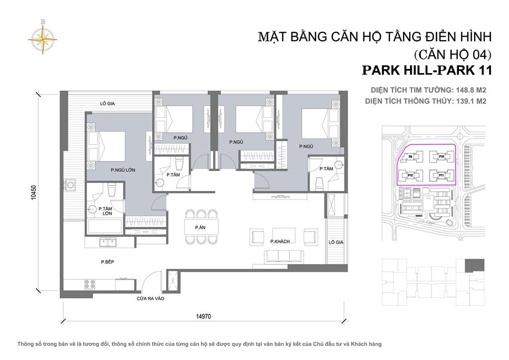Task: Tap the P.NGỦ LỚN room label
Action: click(123, 170)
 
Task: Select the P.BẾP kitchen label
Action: click(107, 261)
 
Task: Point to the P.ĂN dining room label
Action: click(200, 227)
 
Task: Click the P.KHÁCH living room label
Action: click(280, 241)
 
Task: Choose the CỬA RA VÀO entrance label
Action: click(151, 299)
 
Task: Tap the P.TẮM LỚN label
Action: click(104, 211)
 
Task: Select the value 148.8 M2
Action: click(470, 90)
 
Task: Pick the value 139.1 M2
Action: click(470, 101)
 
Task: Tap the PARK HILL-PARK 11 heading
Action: click(427, 70)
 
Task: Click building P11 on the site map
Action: click(439, 175)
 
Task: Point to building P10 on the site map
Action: click(440, 157)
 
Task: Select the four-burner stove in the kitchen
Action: click(89, 285)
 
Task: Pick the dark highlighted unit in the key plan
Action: click(477, 265)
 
